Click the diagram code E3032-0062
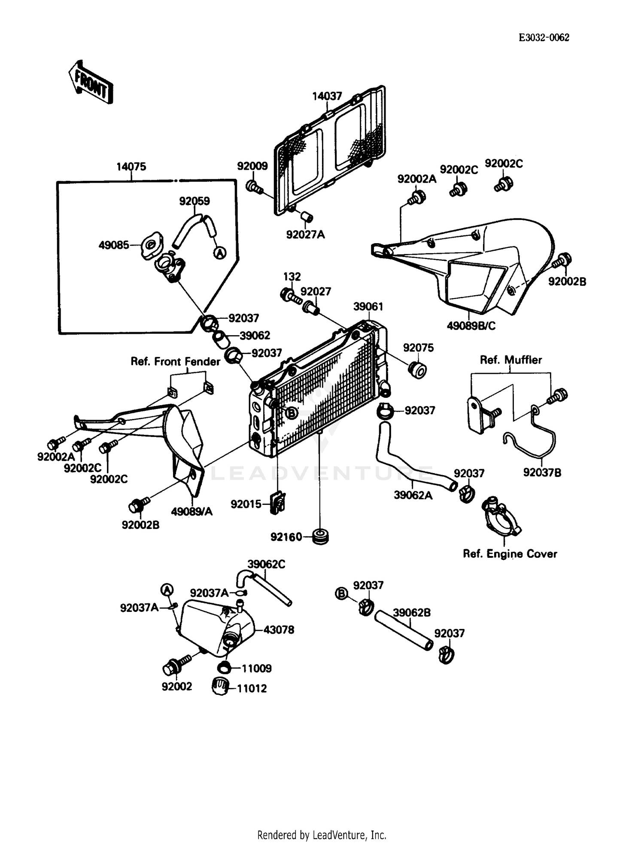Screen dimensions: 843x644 tap(544, 38)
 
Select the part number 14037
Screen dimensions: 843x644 tap(327, 96)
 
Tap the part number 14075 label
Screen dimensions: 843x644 tap(131, 166)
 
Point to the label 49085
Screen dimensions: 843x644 tap(113, 245)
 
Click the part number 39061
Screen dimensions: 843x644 tap(368, 306)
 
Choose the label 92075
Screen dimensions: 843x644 tap(418, 348)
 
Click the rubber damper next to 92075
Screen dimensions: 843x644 tap(417, 370)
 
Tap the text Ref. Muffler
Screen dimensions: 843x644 tap(510, 360)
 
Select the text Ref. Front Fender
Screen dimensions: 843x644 tap(175, 361)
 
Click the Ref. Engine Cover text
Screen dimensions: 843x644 tap(510, 554)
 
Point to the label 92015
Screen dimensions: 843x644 tap(246, 504)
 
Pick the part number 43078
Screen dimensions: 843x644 tap(279, 630)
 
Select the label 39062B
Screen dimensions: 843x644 tap(411, 613)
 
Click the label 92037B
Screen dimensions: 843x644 tap(542, 473)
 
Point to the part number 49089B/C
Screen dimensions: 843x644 tap(471, 326)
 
